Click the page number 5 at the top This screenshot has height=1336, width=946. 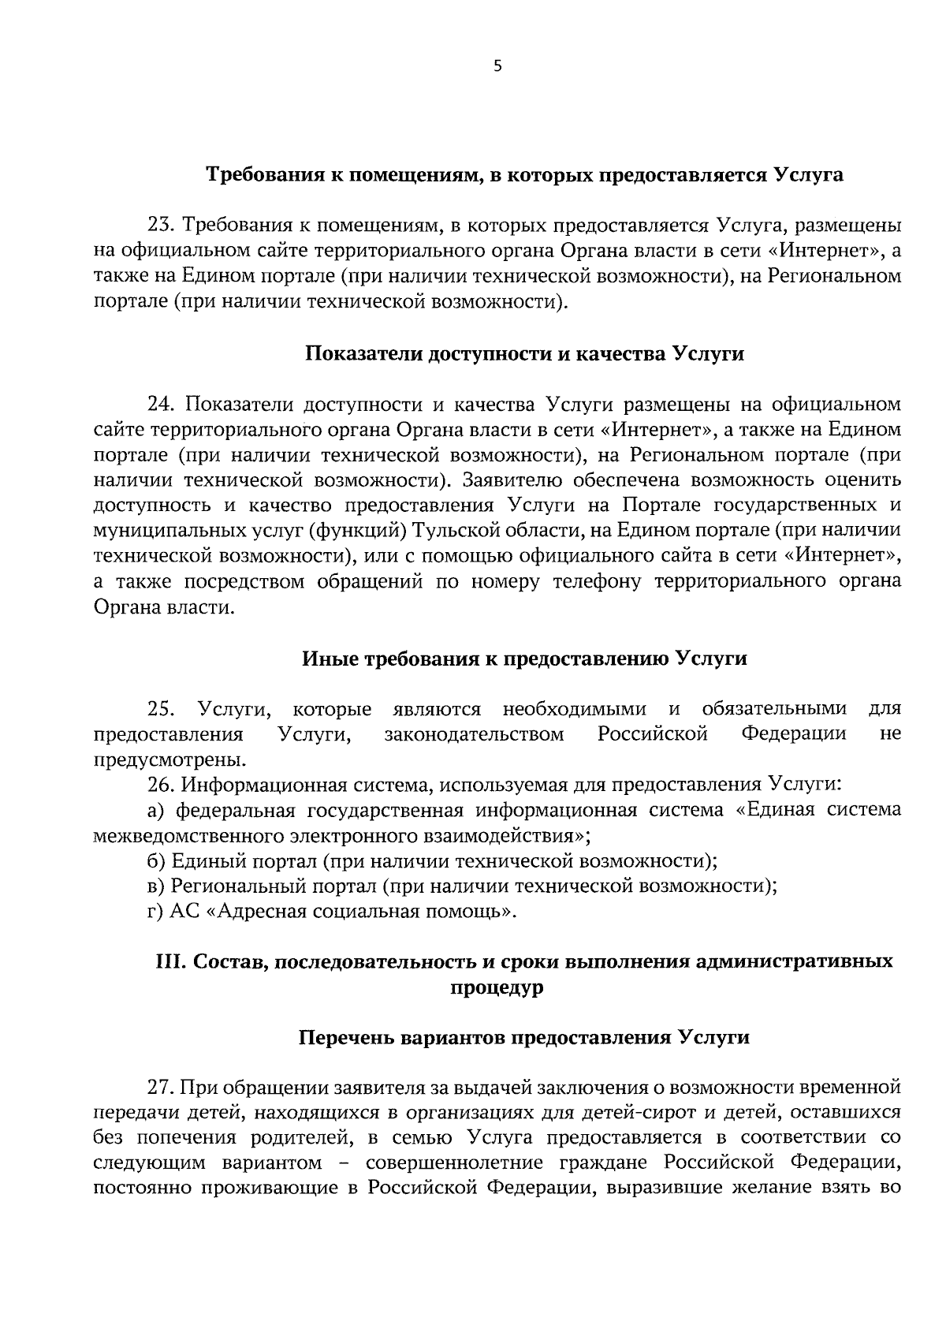click(x=497, y=67)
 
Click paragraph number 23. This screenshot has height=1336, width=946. click(x=161, y=226)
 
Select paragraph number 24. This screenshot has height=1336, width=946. click(x=161, y=405)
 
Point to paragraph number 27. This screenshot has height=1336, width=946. click(x=161, y=1088)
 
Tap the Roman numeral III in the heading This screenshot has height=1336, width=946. click(x=167, y=962)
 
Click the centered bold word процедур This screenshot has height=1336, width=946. click(x=497, y=987)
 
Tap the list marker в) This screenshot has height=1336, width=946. click(x=155, y=886)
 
